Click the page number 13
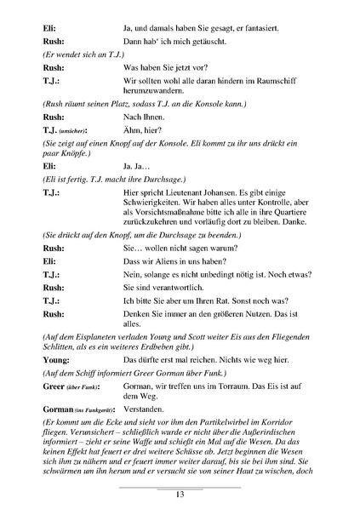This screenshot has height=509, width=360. [180, 495]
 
